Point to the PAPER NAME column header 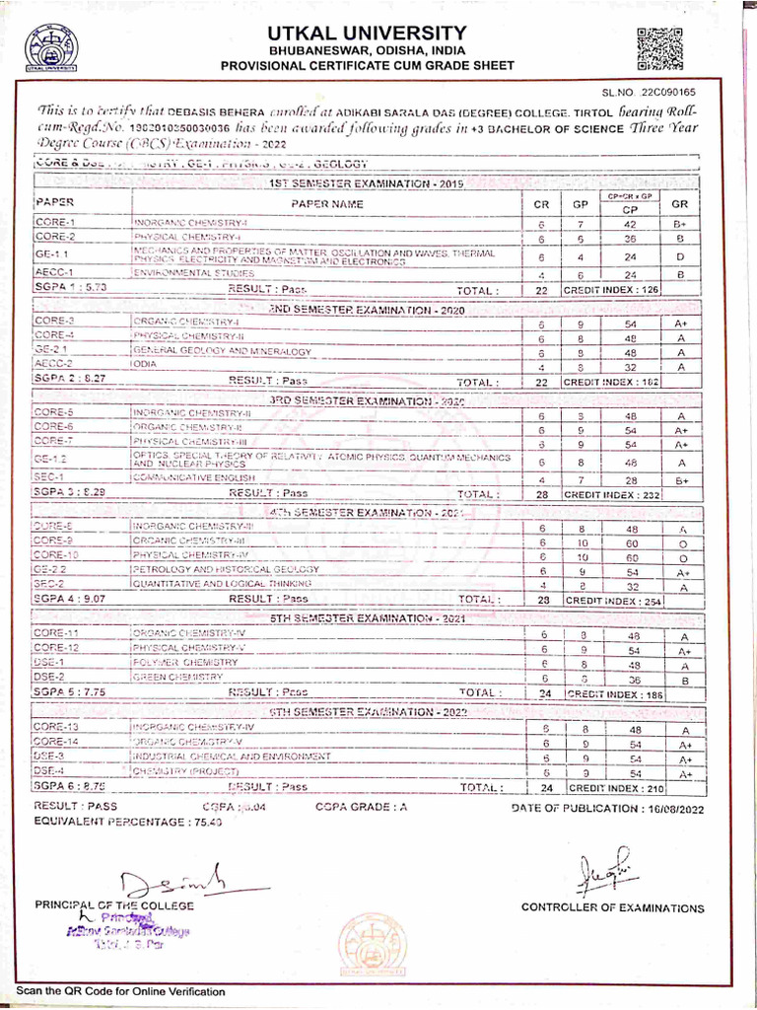[x=326, y=204]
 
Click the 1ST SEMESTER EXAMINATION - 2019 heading [x=351, y=184]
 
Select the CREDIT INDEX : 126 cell [x=610, y=290]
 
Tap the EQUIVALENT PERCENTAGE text [x=128, y=822]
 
